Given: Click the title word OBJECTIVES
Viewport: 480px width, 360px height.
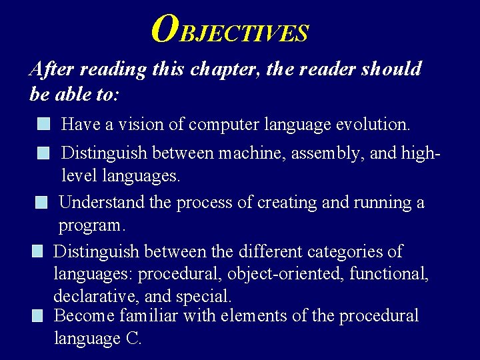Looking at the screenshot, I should pos(230,29).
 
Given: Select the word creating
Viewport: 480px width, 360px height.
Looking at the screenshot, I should pos(286,202).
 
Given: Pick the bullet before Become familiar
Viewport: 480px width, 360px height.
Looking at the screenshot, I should pos(37,315).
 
